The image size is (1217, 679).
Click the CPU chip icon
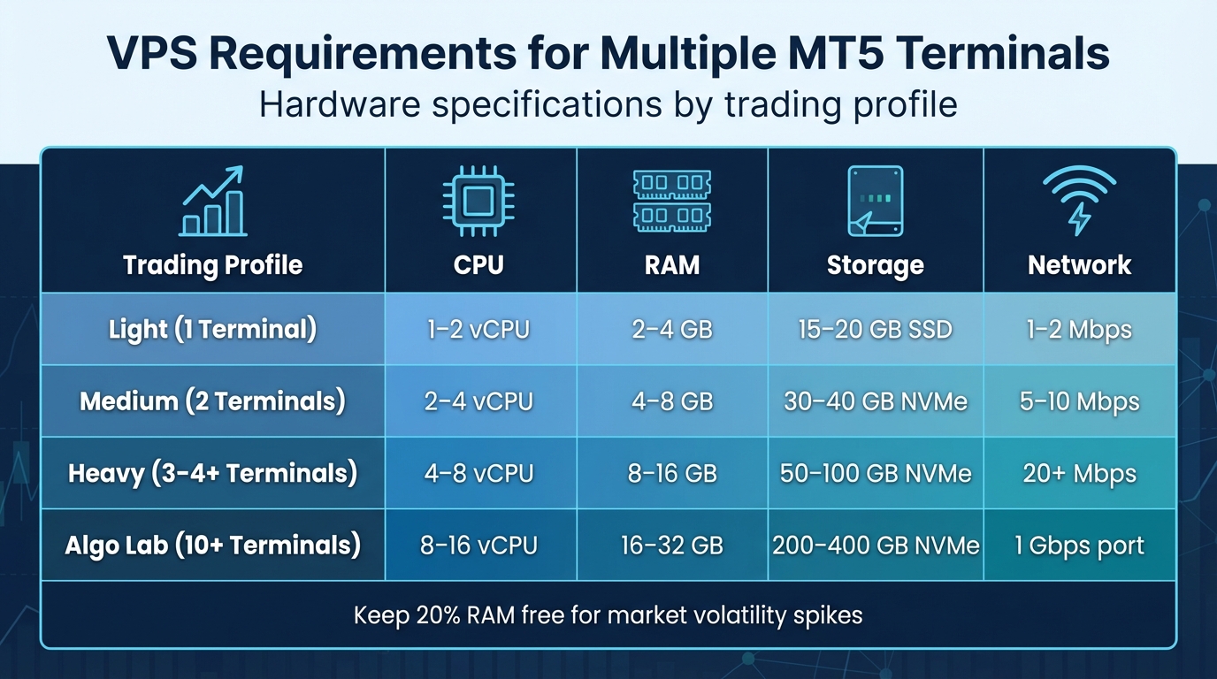pos(478,202)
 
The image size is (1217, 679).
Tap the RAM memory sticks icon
pos(672,202)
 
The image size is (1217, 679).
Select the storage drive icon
pos(875,202)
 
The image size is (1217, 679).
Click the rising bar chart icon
pos(212,202)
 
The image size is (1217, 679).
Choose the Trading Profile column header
pos(212,265)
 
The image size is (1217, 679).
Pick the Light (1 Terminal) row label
pos(212,330)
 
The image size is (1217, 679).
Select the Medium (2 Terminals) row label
pos(212,401)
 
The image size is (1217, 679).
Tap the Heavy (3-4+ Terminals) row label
pos(212,473)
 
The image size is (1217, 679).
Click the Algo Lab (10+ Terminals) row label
pos(212,545)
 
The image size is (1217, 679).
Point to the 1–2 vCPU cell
pos(478,330)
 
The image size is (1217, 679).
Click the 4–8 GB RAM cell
pos(672,401)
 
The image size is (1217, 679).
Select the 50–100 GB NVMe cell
pos(876,473)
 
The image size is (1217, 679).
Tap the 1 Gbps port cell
pos(1079,545)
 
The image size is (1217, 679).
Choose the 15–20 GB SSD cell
pos(876,330)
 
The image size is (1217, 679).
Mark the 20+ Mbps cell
pos(1079,473)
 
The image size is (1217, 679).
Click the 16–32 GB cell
pos(672,545)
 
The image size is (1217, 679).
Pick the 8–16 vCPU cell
pos(478,545)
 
